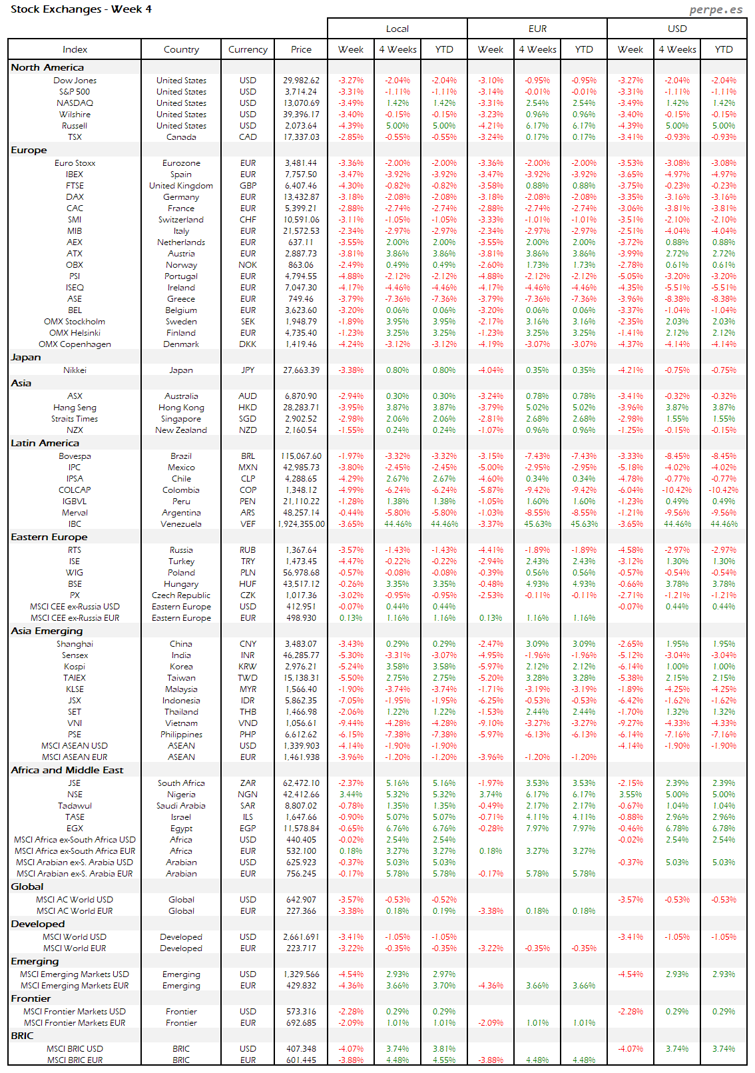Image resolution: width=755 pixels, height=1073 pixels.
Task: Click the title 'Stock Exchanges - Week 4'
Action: pyautogui.click(x=81, y=9)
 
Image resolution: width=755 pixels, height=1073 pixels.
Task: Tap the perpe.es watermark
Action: pyautogui.click(x=716, y=9)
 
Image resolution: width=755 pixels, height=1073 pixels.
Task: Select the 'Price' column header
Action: pyautogui.click(x=301, y=49)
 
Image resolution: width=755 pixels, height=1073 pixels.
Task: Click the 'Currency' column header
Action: pyautogui.click(x=248, y=49)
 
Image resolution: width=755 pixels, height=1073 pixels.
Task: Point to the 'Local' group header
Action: pyautogui.click(x=397, y=29)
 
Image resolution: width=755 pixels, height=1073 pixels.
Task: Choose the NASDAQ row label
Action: pyautogui.click(x=75, y=103)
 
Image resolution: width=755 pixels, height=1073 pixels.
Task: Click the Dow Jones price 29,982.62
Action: pyautogui.click(x=301, y=81)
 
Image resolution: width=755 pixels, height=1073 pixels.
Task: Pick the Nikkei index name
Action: pyautogui.click(x=75, y=370)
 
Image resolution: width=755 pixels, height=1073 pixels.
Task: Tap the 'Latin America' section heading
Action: pyautogui.click(x=45, y=443)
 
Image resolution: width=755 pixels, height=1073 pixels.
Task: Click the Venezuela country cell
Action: pyautogui.click(x=181, y=524)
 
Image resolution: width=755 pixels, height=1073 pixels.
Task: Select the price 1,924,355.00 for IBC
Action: pyautogui.click(x=301, y=524)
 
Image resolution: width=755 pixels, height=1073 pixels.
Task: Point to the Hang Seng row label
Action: pyautogui.click(x=75, y=408)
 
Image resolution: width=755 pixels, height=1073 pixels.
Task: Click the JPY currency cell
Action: pyautogui.click(x=248, y=370)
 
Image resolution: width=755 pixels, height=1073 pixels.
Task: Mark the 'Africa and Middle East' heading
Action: pyautogui.click(x=67, y=770)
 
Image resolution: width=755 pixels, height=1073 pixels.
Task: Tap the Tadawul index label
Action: pyautogui.click(x=75, y=806)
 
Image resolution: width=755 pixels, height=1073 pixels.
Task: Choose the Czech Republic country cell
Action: pyautogui.click(x=181, y=595)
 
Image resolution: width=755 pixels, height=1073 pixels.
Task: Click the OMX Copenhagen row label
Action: pyautogui.click(x=75, y=344)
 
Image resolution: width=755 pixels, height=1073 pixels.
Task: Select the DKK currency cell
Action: pyautogui.click(x=248, y=344)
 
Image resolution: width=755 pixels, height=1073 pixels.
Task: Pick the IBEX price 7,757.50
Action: pyautogui.click(x=301, y=175)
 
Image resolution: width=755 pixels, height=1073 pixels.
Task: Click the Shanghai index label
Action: pyautogui.click(x=75, y=644)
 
